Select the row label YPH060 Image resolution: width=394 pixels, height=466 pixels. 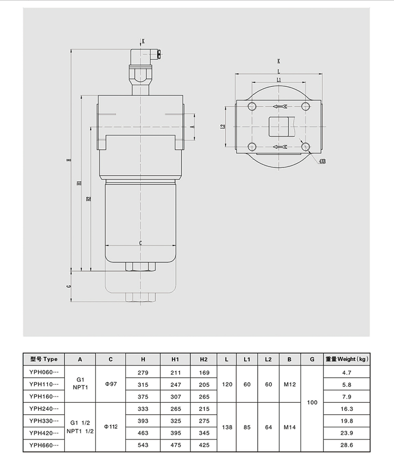pos(44,373)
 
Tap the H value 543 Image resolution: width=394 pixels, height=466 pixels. pos(143,445)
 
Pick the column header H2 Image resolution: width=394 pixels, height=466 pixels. pos(204,359)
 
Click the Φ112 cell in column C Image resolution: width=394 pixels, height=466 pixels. pos(111,427)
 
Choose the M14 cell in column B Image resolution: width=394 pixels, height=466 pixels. pos(289,427)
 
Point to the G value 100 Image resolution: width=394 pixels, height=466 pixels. pos(312,403)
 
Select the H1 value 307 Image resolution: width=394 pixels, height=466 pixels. pos(175,397)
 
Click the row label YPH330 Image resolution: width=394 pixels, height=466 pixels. pos(44,421)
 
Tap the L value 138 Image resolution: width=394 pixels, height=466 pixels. pos(227,427)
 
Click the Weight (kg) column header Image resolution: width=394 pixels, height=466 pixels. pos(348,359)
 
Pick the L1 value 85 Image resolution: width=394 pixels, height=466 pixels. pos(247,427)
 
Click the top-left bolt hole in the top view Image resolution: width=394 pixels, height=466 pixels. pos(251,107)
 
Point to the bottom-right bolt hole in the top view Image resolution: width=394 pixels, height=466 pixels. pos(305,148)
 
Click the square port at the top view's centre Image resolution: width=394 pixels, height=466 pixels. pos(278,126)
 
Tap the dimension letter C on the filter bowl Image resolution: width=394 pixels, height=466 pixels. pos(141,243)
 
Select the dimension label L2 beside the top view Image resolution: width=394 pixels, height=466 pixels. pos(223,127)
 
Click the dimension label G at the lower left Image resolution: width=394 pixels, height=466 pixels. pos(68,286)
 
